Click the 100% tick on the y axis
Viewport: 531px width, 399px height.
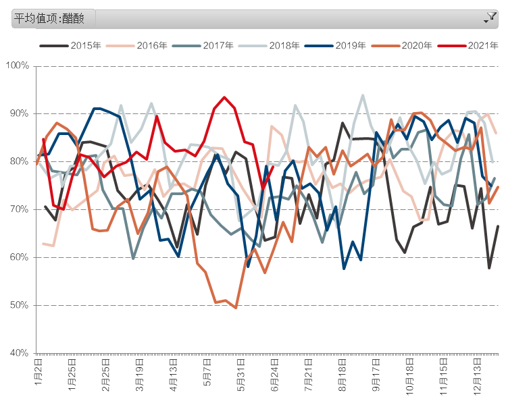pos(17,65)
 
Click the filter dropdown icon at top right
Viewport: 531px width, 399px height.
pos(490,18)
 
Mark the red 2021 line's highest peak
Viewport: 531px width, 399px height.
pos(224,97)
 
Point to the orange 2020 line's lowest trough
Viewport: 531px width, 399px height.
pos(235,308)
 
